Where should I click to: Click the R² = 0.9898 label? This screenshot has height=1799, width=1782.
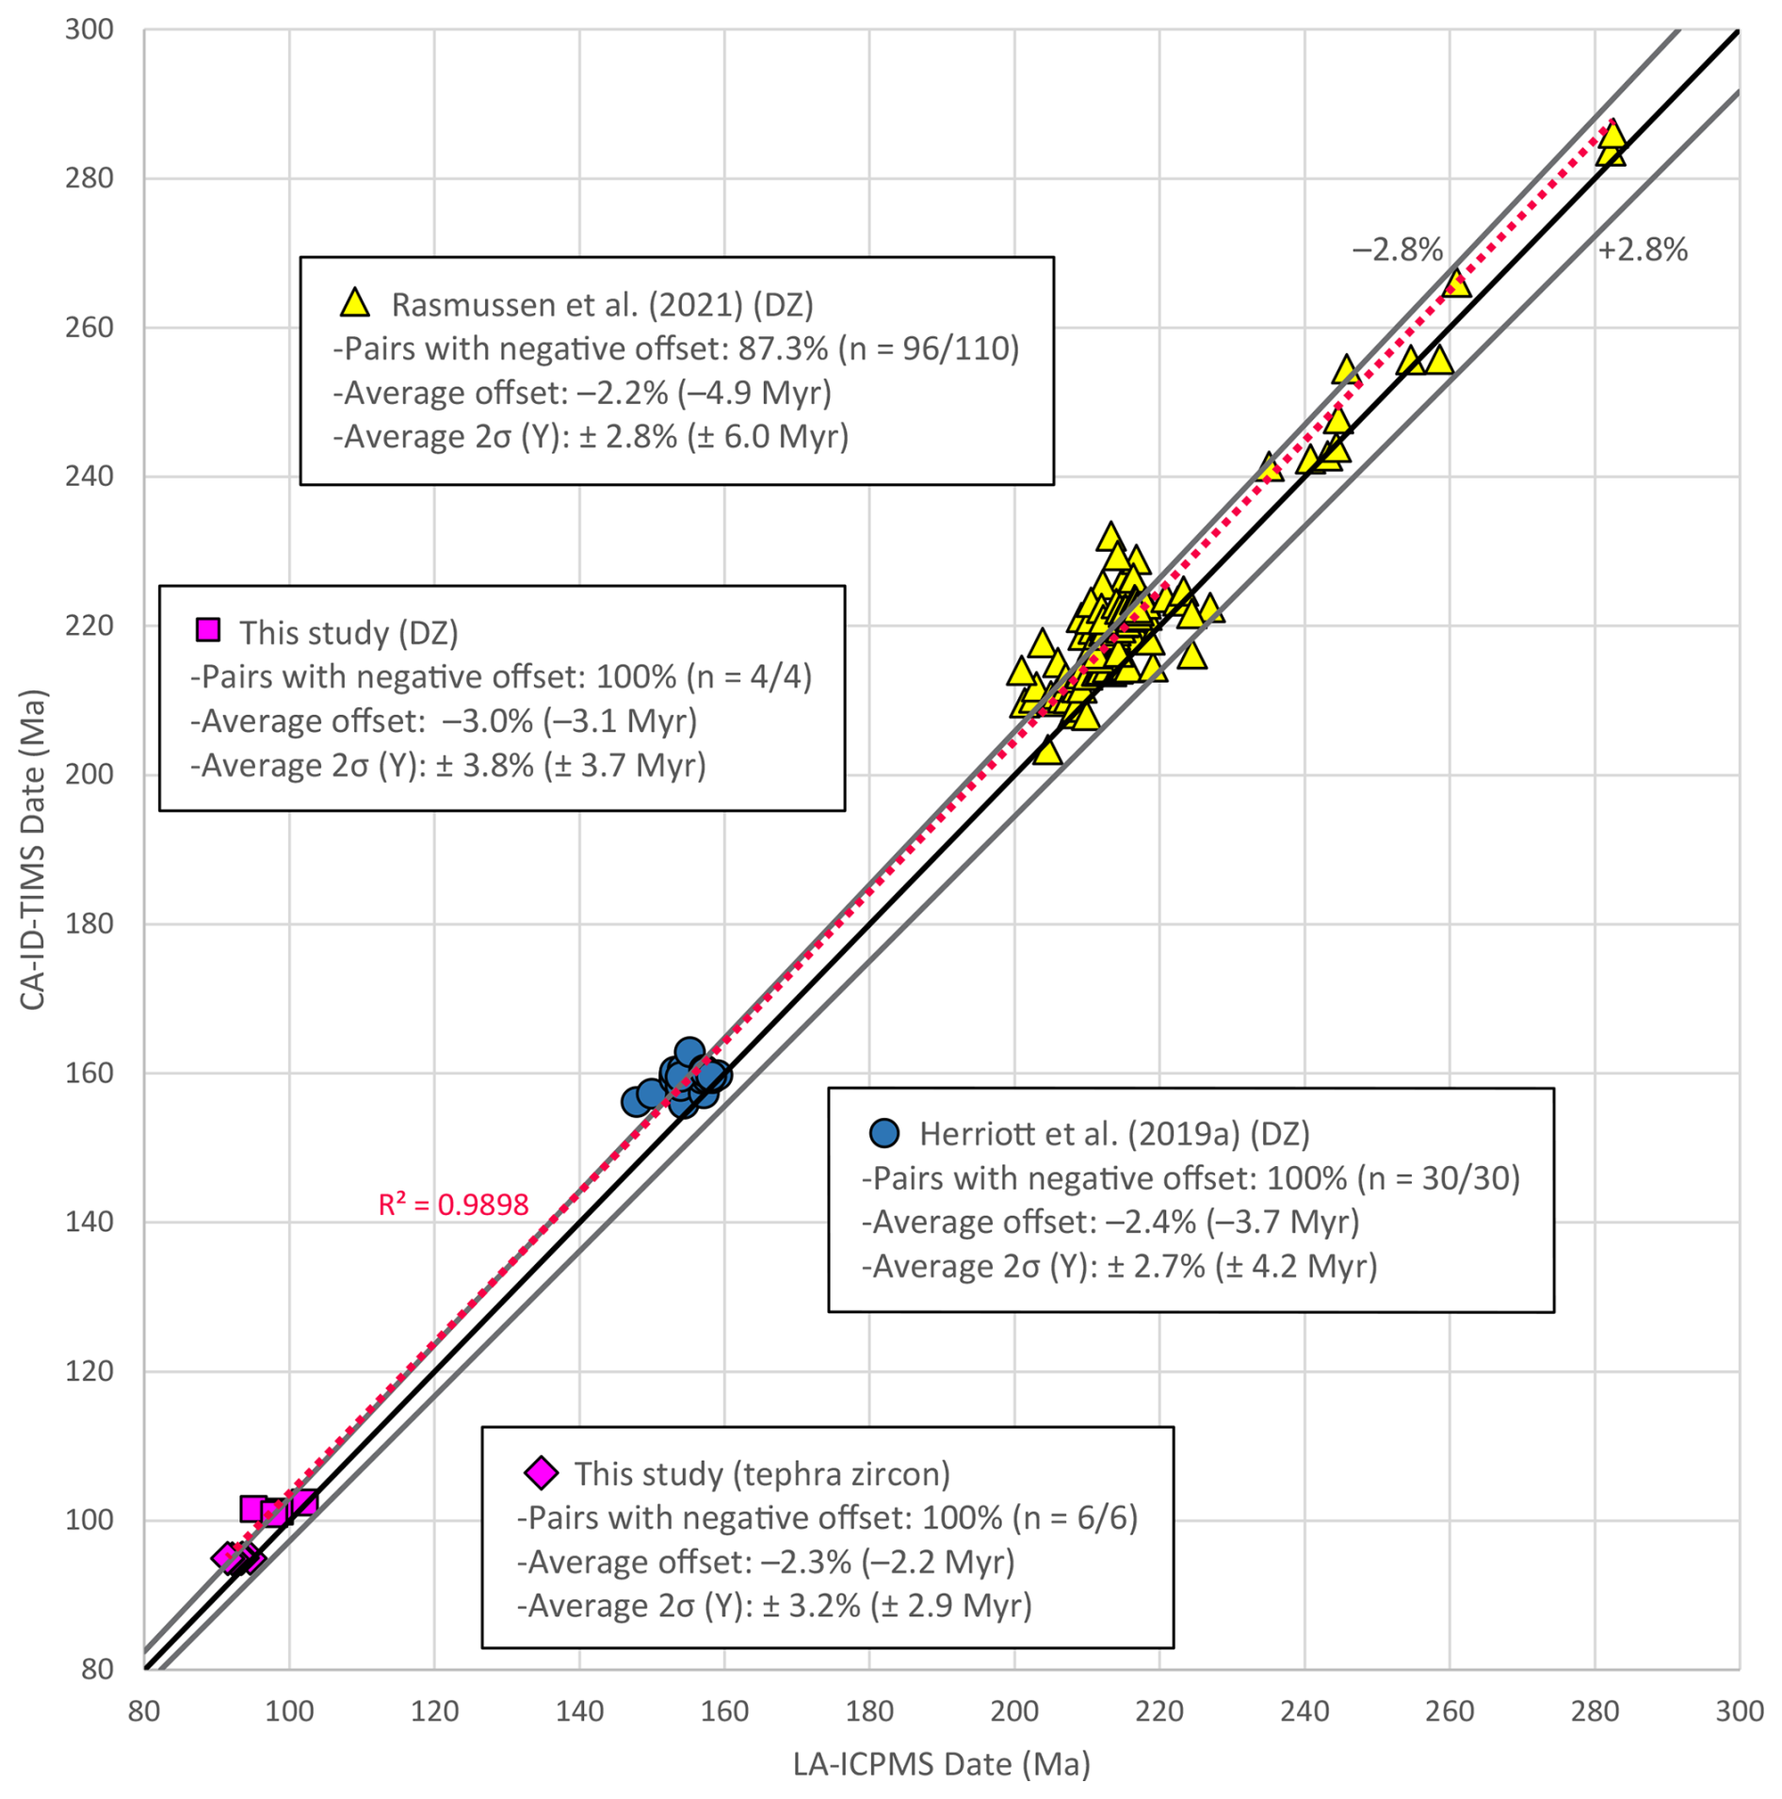click(x=453, y=1205)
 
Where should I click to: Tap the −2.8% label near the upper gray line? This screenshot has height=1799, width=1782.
click(x=1397, y=251)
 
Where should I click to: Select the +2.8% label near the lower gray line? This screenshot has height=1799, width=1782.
click(x=1643, y=251)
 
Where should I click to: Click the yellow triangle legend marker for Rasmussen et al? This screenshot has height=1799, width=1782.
click(x=355, y=302)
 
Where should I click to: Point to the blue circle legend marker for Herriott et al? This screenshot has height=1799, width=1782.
click(x=883, y=1132)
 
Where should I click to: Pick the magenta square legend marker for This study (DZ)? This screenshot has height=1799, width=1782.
click(x=208, y=630)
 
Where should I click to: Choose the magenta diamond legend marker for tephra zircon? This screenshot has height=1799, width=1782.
click(x=541, y=1472)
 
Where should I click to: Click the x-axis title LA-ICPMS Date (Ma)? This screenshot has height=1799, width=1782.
click(x=941, y=1763)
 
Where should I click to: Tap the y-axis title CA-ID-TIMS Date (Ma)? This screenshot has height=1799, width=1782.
click(x=33, y=850)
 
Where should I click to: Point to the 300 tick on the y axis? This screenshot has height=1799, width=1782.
click(x=89, y=30)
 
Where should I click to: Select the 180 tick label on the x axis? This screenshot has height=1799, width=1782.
click(x=868, y=1711)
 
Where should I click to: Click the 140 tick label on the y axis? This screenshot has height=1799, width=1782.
click(x=89, y=1222)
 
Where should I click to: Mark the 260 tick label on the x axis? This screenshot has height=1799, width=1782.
click(x=1449, y=1711)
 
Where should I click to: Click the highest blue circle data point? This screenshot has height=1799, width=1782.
click(x=689, y=1052)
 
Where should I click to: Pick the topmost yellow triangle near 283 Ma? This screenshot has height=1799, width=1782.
click(x=1612, y=134)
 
